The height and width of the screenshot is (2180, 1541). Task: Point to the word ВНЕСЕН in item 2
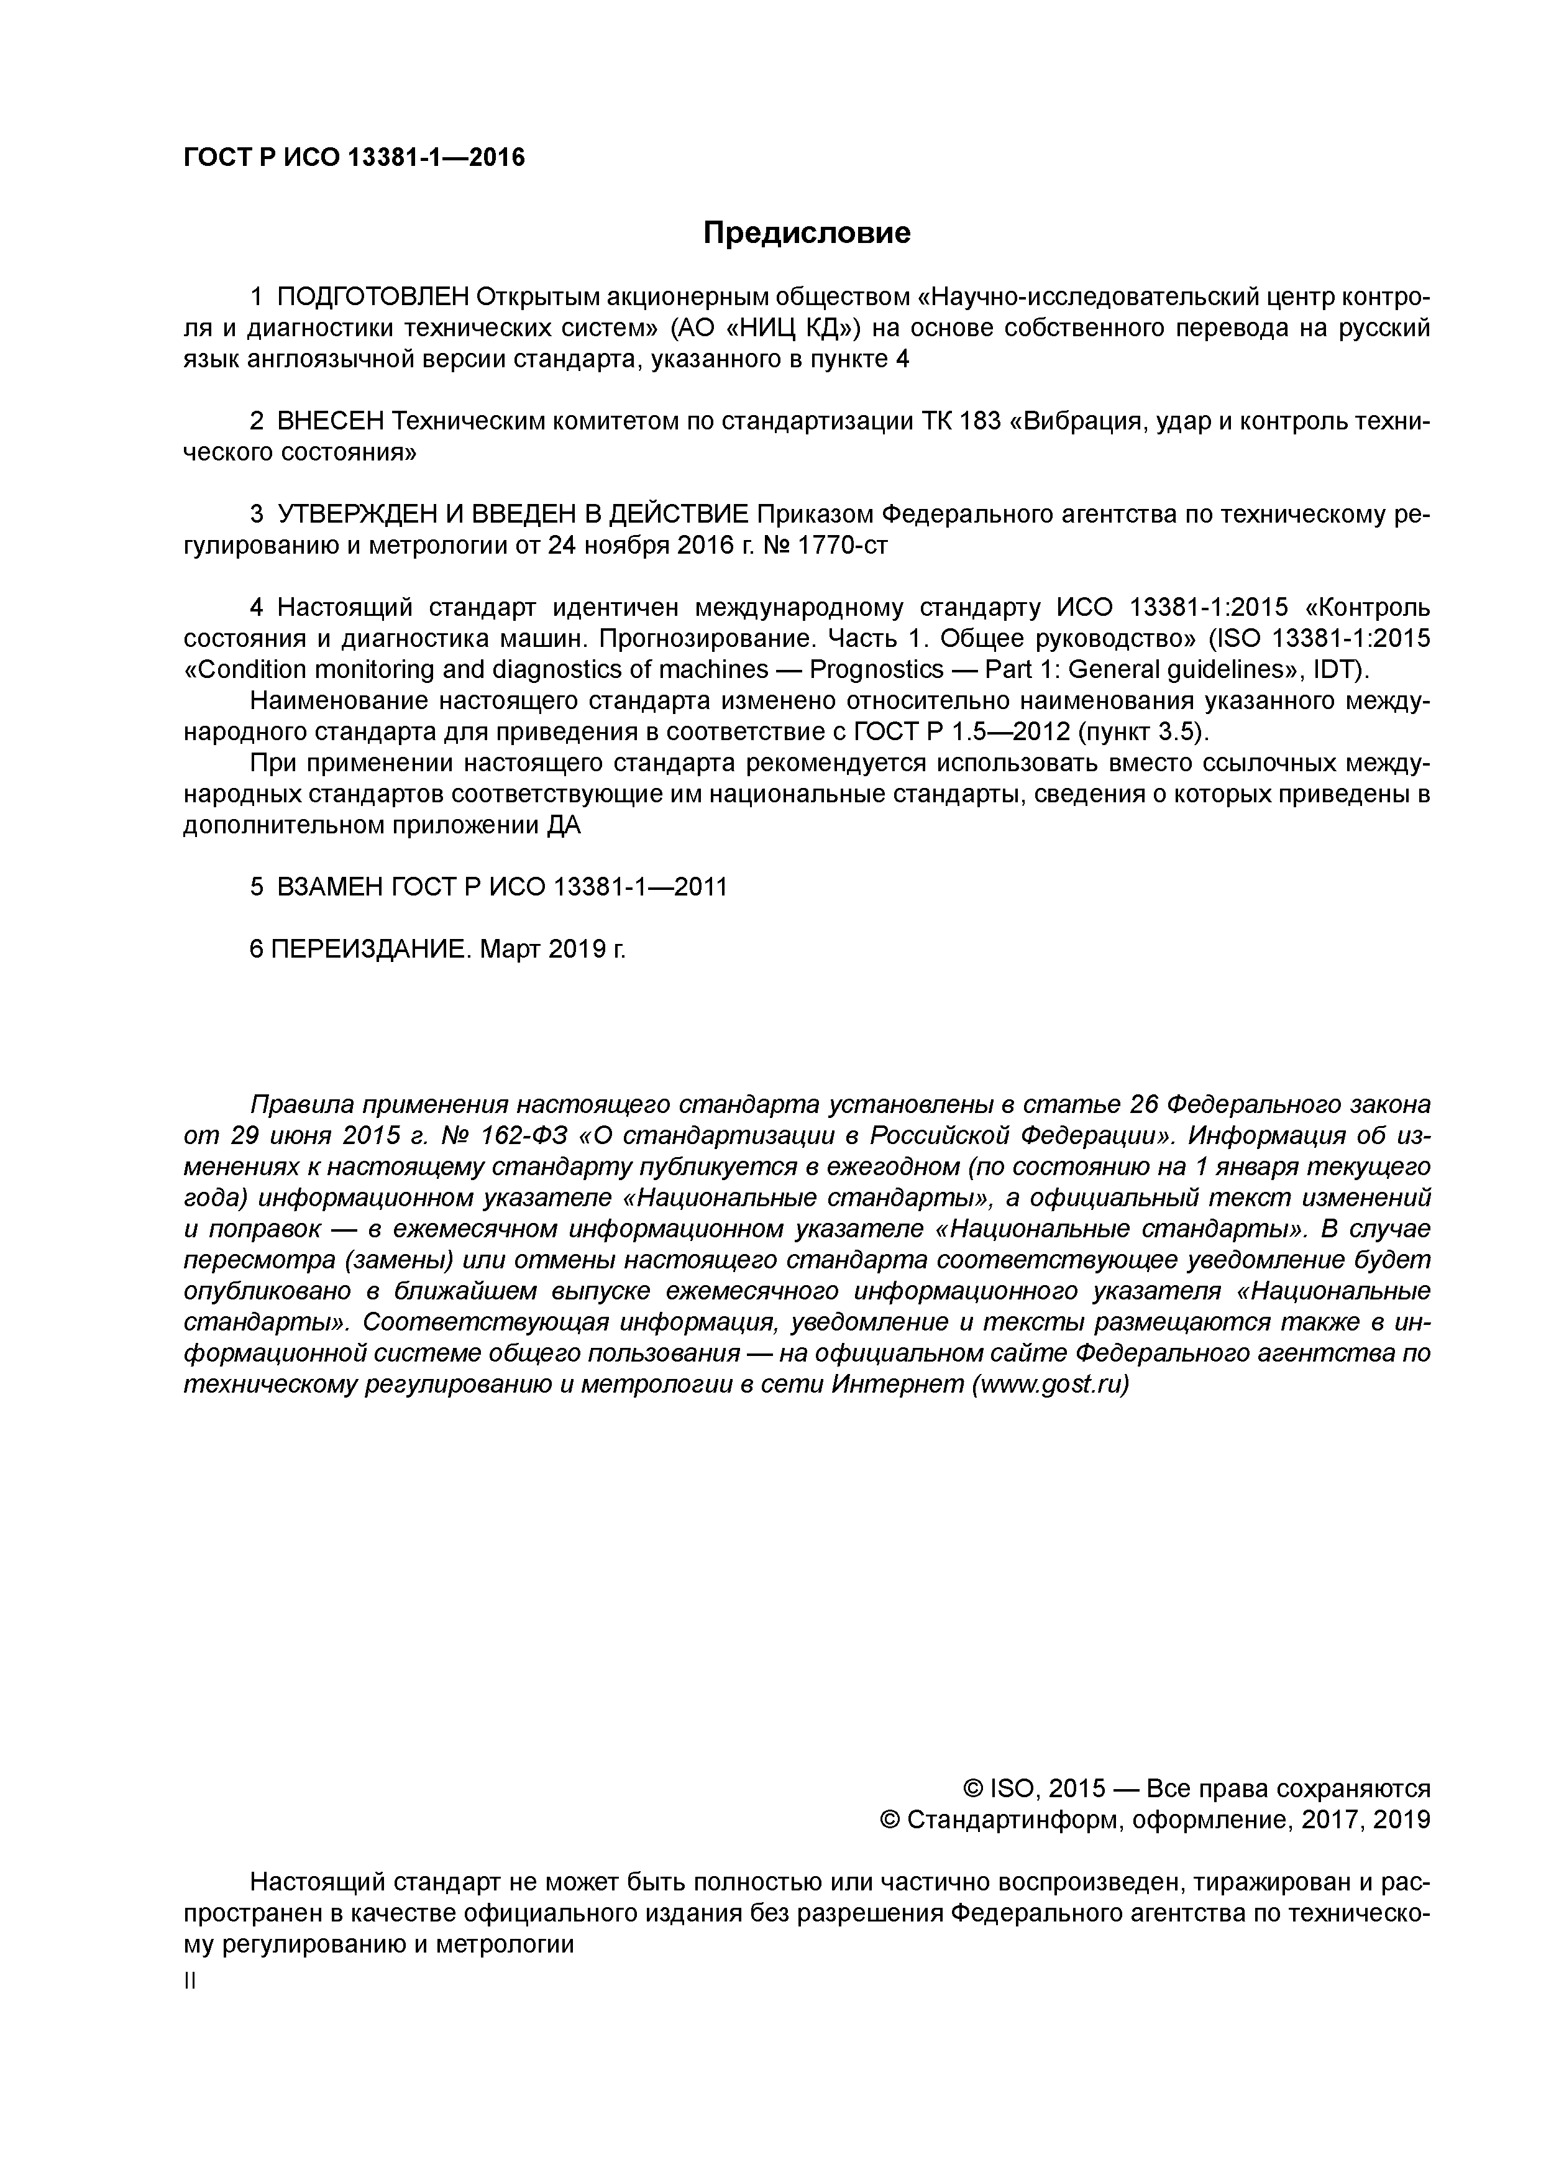[x=331, y=421]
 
